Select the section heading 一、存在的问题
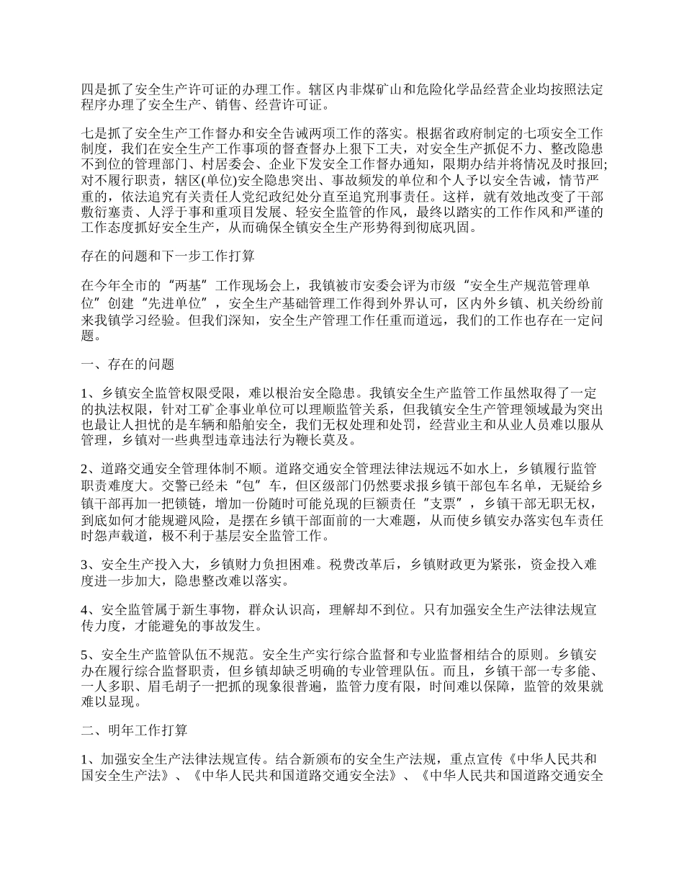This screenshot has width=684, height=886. pyautogui.click(x=127, y=364)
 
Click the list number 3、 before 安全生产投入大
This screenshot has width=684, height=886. pyautogui.click(x=90, y=563)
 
